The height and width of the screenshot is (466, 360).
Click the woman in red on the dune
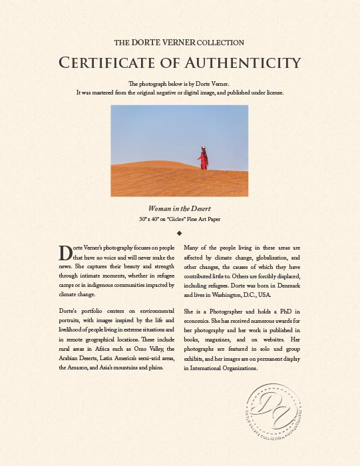pyautogui.click(x=204, y=158)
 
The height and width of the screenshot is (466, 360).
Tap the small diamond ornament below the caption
pyautogui.click(x=180, y=233)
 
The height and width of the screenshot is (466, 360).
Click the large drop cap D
pyautogui.click(x=65, y=253)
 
